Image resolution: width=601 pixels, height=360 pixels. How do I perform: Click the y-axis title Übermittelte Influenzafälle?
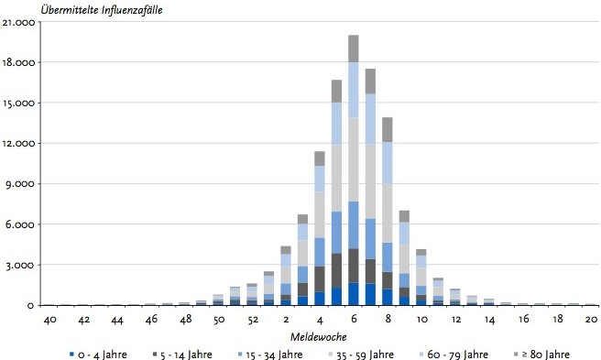(102, 9)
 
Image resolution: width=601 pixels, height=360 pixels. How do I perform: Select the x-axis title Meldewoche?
(318, 337)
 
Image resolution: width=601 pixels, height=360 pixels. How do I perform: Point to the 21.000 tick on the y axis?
(18, 23)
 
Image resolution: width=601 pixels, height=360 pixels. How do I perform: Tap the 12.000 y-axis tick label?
(18, 144)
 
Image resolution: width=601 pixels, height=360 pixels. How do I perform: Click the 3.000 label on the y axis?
(20, 266)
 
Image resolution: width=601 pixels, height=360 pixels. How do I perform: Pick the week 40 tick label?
(50, 320)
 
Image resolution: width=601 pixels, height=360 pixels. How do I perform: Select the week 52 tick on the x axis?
(253, 320)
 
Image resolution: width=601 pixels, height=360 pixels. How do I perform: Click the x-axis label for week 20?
(592, 320)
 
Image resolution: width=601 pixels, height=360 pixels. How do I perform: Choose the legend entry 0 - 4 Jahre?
(98, 355)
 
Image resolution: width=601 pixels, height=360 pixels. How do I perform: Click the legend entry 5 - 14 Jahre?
(182, 355)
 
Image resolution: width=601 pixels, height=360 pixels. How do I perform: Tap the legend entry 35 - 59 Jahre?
(362, 355)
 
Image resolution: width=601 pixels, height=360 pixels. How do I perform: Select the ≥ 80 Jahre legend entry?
(541, 355)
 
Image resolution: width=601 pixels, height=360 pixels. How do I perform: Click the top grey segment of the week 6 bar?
(354, 49)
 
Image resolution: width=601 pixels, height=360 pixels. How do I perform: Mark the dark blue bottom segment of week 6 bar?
(354, 294)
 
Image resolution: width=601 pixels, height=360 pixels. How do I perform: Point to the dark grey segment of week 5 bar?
(336, 270)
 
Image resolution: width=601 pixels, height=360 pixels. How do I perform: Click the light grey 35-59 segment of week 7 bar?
(370, 181)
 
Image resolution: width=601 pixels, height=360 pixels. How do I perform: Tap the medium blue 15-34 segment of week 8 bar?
(388, 257)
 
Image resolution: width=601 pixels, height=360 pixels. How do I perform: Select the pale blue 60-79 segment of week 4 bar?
(320, 179)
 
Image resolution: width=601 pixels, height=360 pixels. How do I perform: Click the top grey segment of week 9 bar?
(404, 216)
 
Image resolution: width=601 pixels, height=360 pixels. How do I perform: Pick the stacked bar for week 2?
(286, 276)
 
